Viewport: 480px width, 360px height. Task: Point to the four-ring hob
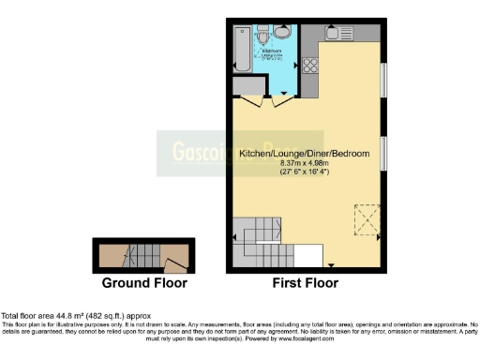click(310, 66)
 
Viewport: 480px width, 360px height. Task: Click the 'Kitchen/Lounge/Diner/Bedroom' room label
click(304, 153)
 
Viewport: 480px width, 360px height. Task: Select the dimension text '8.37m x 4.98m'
click(305, 163)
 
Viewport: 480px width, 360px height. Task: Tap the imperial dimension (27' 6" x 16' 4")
click(305, 172)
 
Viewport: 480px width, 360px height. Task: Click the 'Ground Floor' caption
click(143, 282)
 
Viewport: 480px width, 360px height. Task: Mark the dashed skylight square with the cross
click(365, 218)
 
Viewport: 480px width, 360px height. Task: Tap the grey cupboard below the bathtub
click(248, 85)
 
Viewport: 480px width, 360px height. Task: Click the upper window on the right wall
click(383, 80)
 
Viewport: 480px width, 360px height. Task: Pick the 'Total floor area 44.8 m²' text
click(76, 316)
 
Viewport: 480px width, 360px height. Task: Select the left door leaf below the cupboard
click(247, 104)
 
